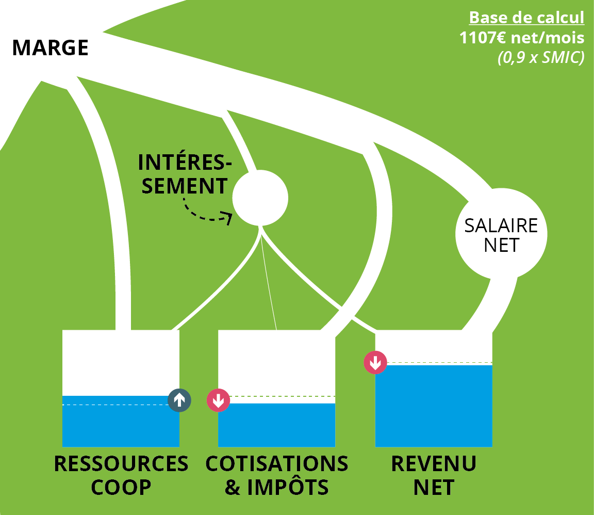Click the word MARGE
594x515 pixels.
click(x=50, y=48)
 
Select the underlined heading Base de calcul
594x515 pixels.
click(x=526, y=18)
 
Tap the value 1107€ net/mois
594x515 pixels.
click(x=522, y=38)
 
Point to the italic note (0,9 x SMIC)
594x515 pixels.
click(x=540, y=57)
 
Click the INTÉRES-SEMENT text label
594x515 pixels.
click(x=185, y=174)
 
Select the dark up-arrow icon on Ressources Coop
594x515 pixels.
click(x=179, y=400)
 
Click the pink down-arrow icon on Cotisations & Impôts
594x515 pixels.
click(x=218, y=400)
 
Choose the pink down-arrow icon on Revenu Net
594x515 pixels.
click(x=375, y=362)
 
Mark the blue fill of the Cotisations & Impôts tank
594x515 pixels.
click(x=276, y=426)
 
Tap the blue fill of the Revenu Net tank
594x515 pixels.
click(x=433, y=408)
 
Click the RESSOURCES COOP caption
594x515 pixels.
click(x=121, y=475)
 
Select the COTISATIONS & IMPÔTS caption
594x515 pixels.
click(x=277, y=475)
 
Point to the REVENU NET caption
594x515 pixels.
click(x=433, y=475)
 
